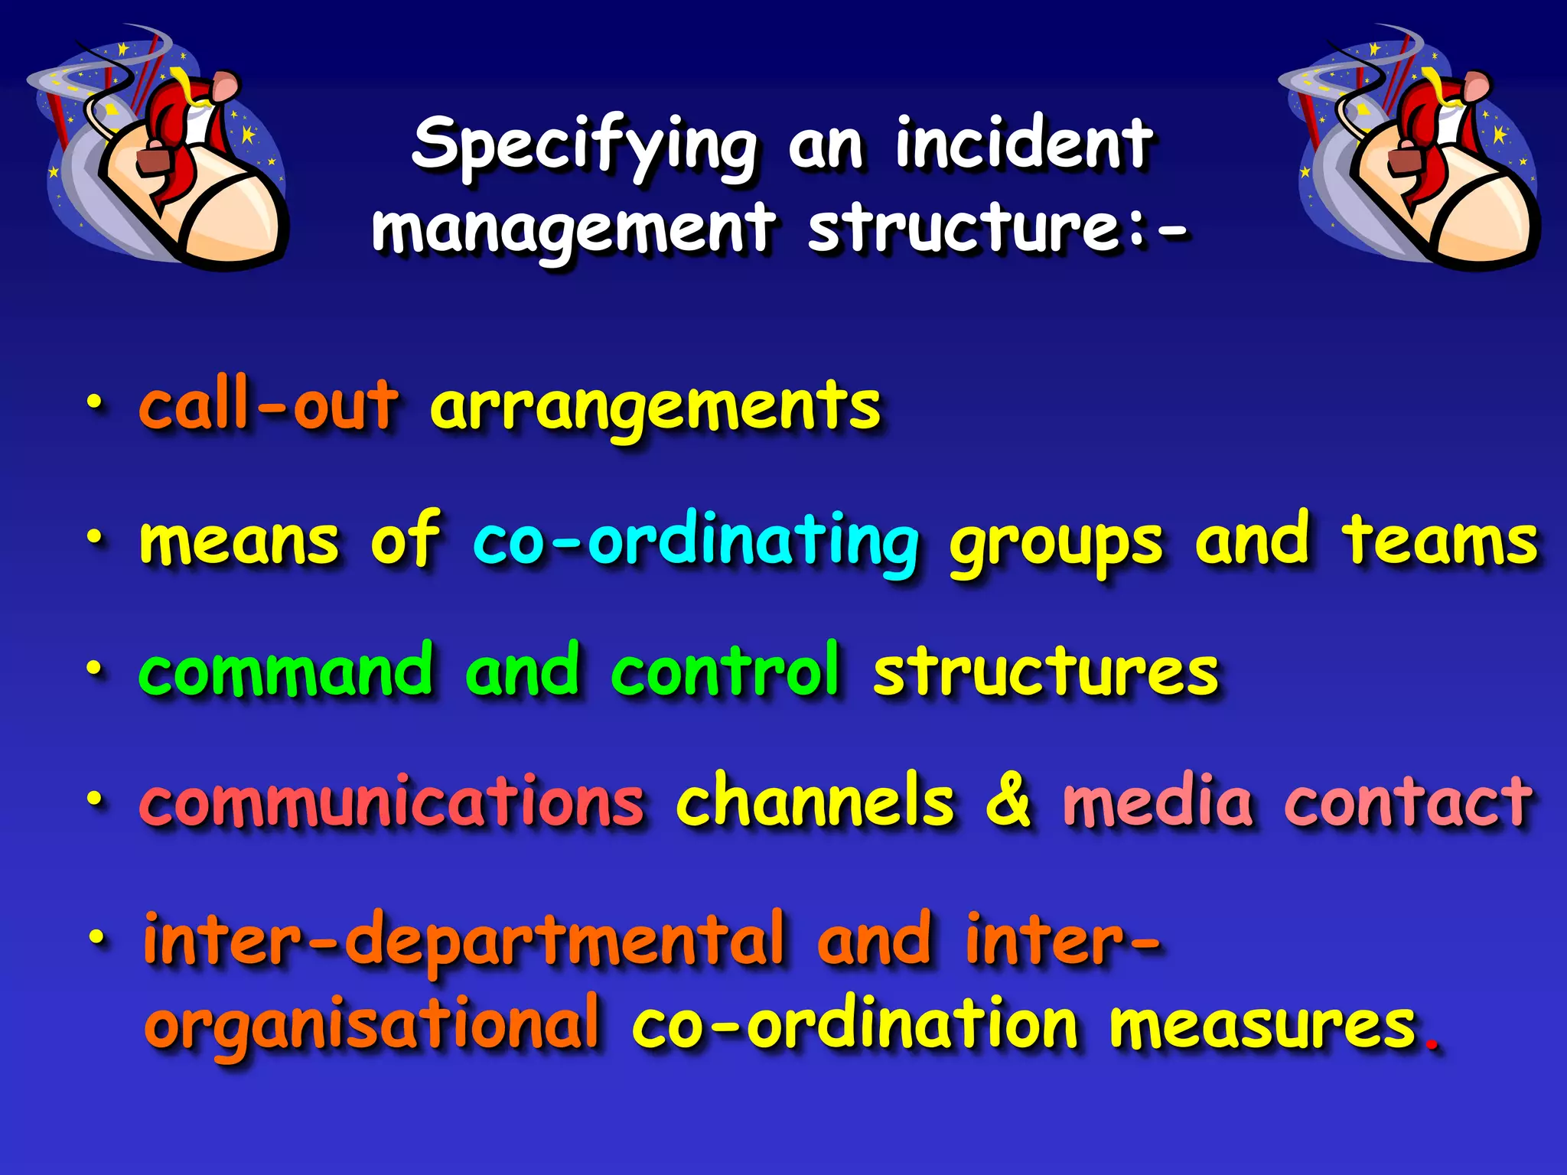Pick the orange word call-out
269,405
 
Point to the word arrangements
655,408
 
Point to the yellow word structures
1045,672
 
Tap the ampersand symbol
1008,801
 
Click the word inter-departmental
464,940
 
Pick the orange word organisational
372,1024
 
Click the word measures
1263,1026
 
